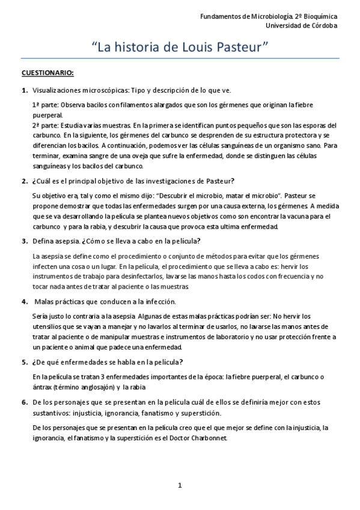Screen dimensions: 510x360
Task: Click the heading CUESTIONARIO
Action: (x=47, y=74)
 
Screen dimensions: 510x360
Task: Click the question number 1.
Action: (x=25, y=90)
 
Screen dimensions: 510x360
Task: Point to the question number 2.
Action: (x=25, y=181)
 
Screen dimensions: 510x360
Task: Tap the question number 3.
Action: (x=25, y=241)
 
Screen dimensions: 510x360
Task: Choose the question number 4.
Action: (x=25, y=301)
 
